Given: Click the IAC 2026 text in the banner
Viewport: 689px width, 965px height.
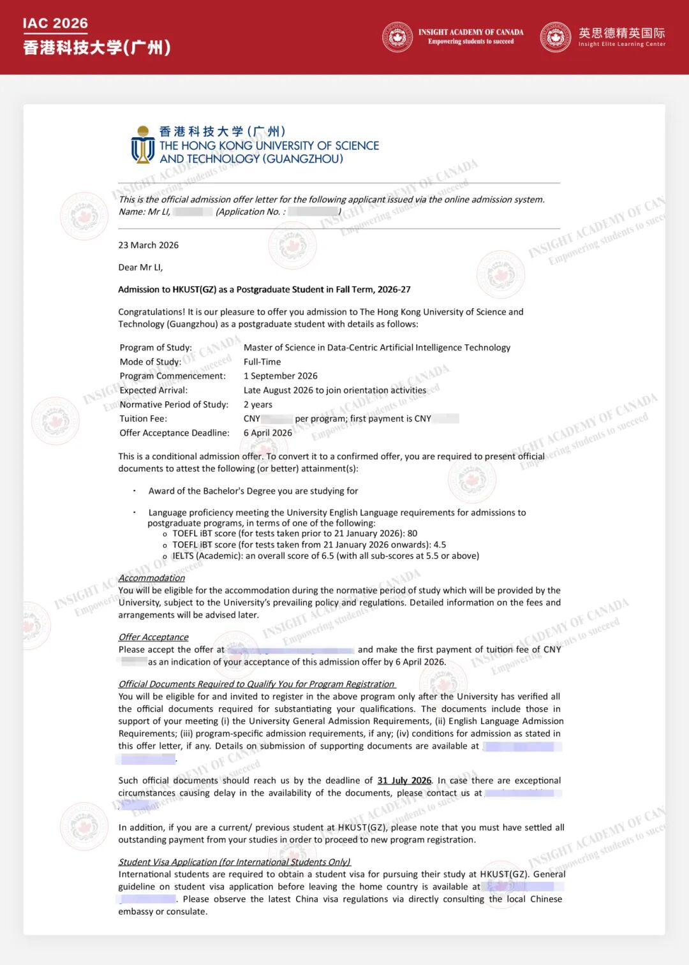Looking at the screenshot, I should coord(56,24).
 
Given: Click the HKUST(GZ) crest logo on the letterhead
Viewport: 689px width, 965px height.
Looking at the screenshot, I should coord(142,145).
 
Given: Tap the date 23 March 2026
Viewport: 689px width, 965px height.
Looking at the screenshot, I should coord(148,245).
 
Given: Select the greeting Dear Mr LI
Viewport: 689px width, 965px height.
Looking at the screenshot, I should coord(140,267).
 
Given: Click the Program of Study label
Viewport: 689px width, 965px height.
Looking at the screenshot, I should coord(156,348).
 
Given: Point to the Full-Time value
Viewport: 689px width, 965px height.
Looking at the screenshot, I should coord(262,362).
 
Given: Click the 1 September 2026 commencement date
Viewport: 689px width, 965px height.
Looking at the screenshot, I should coord(280,376).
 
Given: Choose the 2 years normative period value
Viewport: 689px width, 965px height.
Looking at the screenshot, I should coord(258,404).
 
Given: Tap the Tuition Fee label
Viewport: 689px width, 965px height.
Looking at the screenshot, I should coord(143,418).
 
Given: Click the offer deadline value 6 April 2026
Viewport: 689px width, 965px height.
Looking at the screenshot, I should coord(267,432).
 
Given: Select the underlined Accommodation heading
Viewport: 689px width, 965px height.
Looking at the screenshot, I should coord(151,578).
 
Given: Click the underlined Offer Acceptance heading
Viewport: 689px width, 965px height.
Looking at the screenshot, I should coord(153,637).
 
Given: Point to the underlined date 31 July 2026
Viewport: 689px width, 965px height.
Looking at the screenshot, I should coord(404,781).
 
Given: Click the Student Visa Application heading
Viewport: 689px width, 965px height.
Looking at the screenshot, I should coord(234,862).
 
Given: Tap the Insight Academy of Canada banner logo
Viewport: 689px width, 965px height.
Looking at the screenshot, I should coord(397,37).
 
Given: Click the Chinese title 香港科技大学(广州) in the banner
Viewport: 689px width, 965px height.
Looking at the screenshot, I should coord(97,48).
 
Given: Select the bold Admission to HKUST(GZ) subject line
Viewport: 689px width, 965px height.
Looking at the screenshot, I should coord(264,290).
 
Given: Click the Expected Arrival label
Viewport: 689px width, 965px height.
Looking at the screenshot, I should coord(153,390).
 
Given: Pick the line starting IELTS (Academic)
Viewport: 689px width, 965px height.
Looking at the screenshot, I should coord(325,556).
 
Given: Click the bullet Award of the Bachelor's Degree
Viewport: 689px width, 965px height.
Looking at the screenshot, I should coord(253,491).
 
